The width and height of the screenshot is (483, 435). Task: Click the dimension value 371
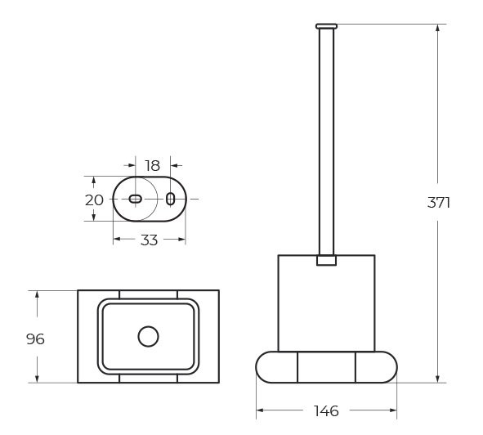439,203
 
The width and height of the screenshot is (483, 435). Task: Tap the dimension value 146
326,410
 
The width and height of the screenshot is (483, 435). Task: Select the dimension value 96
35,339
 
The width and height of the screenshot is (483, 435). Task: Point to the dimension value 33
150,240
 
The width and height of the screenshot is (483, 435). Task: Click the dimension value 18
152,166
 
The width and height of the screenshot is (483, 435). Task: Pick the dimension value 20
94,200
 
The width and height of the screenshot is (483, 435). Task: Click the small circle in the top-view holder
148,336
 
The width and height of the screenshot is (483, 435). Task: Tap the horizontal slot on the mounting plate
136,199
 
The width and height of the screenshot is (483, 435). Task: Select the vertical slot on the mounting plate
170,199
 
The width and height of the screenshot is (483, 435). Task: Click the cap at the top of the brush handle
326,26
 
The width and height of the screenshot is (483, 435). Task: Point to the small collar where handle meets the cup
326,261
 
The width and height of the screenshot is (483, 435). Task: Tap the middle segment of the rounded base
326,366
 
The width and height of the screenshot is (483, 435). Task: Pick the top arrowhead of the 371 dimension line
439,29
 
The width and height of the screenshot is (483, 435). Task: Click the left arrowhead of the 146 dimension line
261,410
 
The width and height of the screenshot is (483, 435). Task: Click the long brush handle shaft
326,139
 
